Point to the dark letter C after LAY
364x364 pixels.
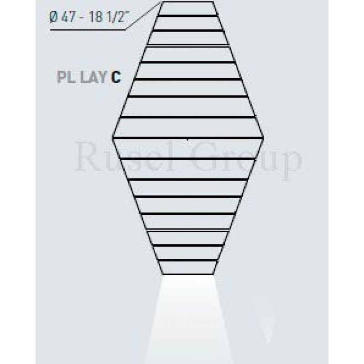pos(116,78)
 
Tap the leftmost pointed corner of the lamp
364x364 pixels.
pos(113,136)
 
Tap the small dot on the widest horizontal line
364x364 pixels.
pos(188,138)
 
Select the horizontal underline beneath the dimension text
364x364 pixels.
pos(86,30)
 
